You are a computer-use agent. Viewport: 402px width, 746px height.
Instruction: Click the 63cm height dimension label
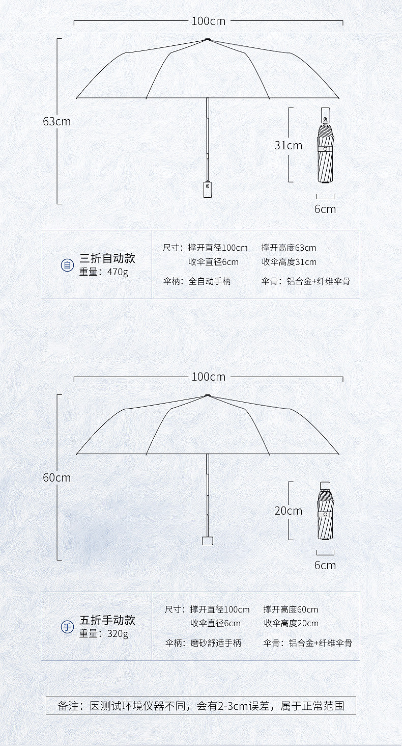57,122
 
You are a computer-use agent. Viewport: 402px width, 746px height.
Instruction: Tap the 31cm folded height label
288,145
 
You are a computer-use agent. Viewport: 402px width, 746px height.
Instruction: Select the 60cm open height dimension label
57,478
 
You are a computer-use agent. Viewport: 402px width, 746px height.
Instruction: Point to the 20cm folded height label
288,511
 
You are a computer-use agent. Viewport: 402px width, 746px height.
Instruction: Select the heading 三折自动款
107,258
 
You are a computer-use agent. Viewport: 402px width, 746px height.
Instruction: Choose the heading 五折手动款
107,620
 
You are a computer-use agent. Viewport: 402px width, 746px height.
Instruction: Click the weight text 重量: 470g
104,272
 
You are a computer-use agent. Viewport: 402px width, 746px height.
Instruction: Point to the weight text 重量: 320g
104,634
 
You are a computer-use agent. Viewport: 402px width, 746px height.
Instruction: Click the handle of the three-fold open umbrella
207,190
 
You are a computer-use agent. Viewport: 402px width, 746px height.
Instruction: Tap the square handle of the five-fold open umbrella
207,540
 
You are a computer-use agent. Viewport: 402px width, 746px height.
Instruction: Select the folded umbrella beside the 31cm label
325,146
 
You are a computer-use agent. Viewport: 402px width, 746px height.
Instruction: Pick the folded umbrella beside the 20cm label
325,511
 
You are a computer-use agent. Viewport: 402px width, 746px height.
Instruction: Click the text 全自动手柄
210,281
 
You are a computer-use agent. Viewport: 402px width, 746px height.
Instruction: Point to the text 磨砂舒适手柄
216,643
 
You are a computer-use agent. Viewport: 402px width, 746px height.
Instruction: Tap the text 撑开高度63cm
289,248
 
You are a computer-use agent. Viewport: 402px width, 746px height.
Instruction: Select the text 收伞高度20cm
291,624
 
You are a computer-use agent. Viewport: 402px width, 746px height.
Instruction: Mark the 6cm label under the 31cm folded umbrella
325,209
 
